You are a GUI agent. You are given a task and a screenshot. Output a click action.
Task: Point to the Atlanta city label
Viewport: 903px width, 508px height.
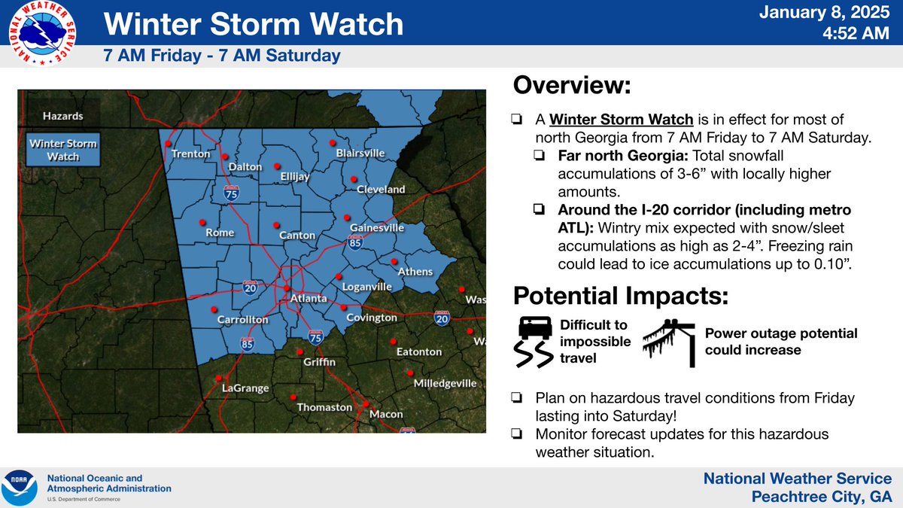coord(309,299)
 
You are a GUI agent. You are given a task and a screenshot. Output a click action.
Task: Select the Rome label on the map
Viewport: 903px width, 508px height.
coord(220,233)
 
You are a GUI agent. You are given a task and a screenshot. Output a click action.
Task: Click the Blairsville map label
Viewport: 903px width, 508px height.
coord(360,153)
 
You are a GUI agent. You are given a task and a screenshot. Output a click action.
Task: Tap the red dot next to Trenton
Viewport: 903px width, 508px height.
coord(169,143)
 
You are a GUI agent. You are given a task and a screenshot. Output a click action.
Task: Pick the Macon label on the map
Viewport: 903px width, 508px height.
coord(386,414)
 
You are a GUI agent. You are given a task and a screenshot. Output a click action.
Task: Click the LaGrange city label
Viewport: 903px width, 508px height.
coord(245,388)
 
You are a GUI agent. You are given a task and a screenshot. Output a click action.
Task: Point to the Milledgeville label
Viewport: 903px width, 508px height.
coord(445,383)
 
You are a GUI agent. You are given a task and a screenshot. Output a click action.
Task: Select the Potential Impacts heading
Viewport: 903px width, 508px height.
coord(621,296)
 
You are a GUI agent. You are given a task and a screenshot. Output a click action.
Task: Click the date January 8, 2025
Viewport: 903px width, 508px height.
coord(835,13)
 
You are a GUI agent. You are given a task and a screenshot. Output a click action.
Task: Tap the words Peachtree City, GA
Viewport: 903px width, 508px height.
coord(822,497)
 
